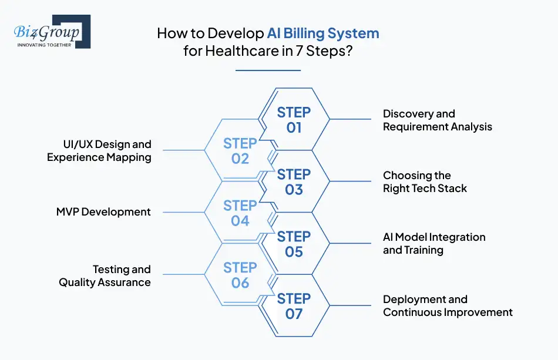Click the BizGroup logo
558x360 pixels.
coord(52,32)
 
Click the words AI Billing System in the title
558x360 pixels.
coord(323,33)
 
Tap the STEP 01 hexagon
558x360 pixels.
coord(294,119)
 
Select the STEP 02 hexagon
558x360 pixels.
coord(240,151)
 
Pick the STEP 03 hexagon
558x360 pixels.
coord(294,181)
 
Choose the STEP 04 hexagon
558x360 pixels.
coord(240,213)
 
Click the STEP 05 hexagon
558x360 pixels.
coord(294,244)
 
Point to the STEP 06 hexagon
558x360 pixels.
coord(240,275)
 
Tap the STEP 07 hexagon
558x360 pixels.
coord(294,306)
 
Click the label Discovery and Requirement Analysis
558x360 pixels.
coord(437,120)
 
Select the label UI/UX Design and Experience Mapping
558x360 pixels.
coord(99,150)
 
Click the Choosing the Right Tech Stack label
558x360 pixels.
coord(425,181)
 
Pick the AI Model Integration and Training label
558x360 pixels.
coord(434,244)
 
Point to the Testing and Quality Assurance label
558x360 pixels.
coord(105,275)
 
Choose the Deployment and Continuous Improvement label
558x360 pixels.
coord(448,306)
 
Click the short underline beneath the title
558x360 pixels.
coord(268,70)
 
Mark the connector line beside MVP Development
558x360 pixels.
coord(182,213)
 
